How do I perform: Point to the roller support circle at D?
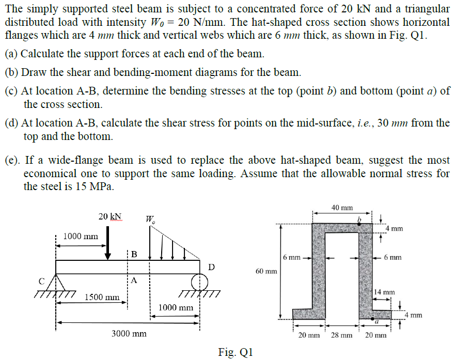tap(199, 282)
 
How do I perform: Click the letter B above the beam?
tap(134, 254)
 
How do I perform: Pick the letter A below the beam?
tap(134, 281)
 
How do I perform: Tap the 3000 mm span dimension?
tap(129, 334)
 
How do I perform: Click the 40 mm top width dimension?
tap(342, 207)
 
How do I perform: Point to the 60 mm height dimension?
tap(266, 271)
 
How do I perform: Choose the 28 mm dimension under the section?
tap(341, 335)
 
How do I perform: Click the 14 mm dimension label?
tap(384, 292)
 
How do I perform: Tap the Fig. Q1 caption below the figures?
tap(236, 352)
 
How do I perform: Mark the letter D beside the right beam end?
tap(211, 267)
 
